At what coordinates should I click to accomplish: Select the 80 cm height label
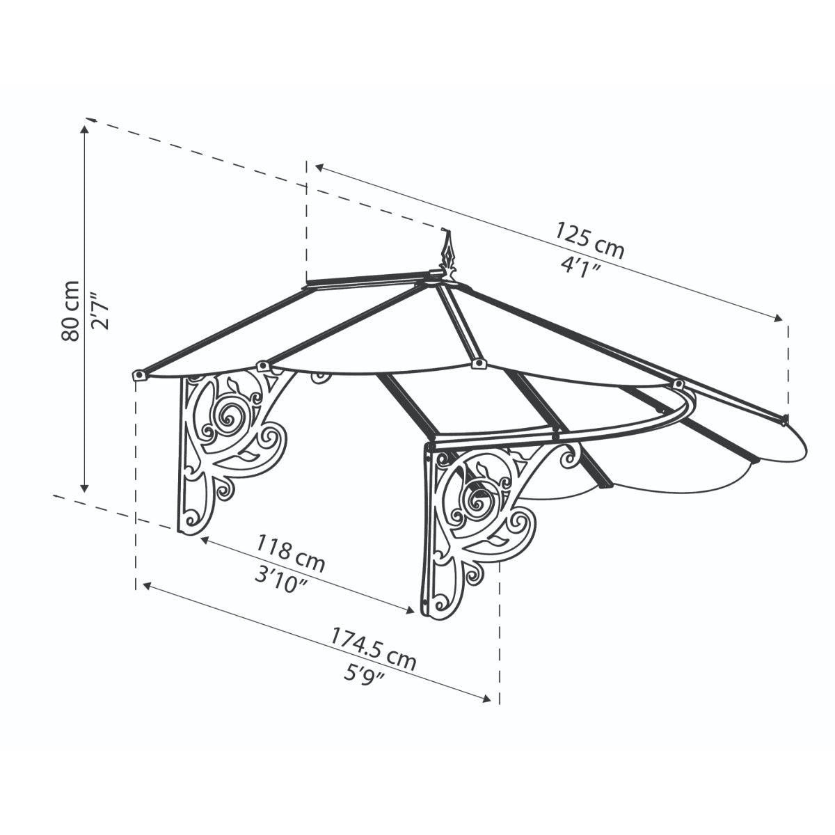[x=70, y=310]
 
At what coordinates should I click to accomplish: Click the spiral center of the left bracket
[x=228, y=419]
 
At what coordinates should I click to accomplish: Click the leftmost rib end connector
[x=139, y=375]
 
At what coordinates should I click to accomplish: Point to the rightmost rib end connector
[x=784, y=420]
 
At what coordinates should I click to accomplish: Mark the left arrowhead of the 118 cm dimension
[x=204, y=539]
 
